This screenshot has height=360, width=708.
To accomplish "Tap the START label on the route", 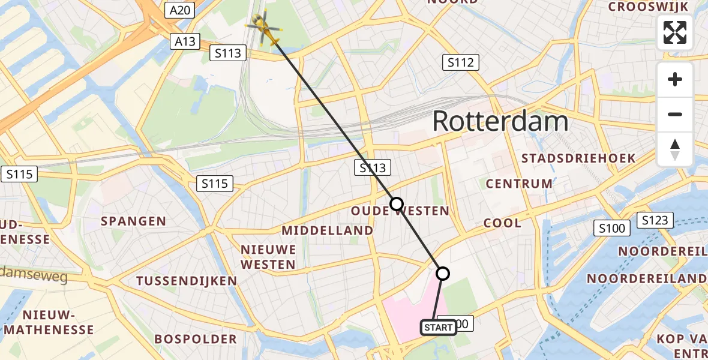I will pyautogui.click(x=438, y=328).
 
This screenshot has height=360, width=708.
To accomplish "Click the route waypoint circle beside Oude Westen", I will pyautogui.click(x=397, y=204).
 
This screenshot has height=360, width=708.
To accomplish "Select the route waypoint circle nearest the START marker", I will pyautogui.click(x=442, y=274).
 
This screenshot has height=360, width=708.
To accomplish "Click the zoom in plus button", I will pyautogui.click(x=675, y=80).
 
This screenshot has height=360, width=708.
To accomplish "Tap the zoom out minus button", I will pyautogui.click(x=675, y=115).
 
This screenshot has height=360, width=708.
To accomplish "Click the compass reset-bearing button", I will pyautogui.click(x=675, y=149).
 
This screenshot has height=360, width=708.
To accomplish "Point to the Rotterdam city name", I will pyautogui.click(x=500, y=122).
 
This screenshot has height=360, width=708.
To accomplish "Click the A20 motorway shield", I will pyautogui.click(x=180, y=10).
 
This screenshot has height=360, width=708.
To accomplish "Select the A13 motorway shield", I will pyautogui.click(x=184, y=41).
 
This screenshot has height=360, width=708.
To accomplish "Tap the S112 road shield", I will pyautogui.click(x=461, y=62).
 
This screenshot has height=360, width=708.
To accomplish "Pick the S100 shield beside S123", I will pyautogui.click(x=612, y=228).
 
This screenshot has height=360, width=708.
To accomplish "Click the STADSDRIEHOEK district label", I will pyautogui.click(x=579, y=158).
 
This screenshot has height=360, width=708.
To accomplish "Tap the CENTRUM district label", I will pyautogui.click(x=520, y=184).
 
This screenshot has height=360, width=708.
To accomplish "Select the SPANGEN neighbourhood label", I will pyautogui.click(x=133, y=221).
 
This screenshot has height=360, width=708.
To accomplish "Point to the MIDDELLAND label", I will pyautogui.click(x=327, y=230).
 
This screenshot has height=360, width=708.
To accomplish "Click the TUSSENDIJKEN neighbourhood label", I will pyautogui.click(x=187, y=281).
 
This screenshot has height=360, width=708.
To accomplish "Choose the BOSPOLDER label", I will pyautogui.click(x=196, y=339).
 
